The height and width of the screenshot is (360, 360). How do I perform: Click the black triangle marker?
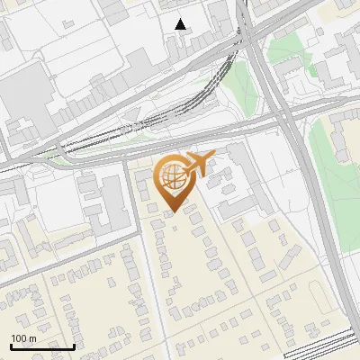[x=181, y=24]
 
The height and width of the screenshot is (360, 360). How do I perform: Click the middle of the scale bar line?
[x=42, y=346]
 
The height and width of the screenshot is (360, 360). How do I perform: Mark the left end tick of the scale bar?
[x=11, y=345]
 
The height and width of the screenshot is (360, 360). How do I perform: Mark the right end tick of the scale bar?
[x=74, y=345]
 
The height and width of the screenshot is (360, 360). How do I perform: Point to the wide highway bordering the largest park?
[x=310, y=180]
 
